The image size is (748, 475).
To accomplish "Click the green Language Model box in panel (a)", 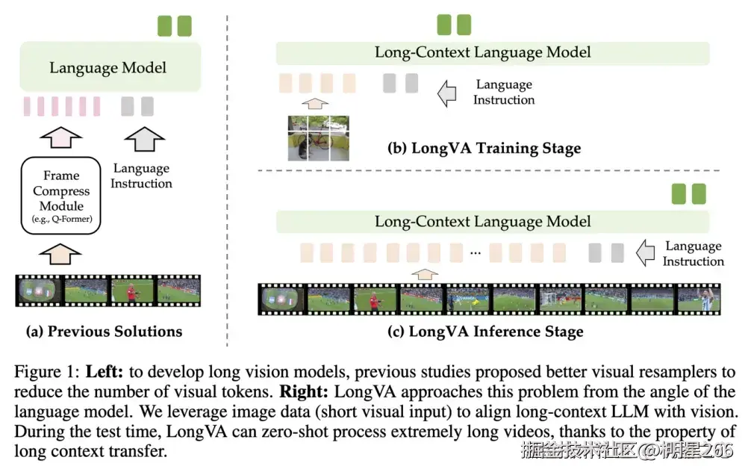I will (108, 67).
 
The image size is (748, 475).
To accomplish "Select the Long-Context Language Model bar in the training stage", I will (482, 52).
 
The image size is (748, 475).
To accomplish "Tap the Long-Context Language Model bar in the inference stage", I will (482, 222).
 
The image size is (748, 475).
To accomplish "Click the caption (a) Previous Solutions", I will (104, 331).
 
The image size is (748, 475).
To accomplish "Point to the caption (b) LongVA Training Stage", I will (484, 148).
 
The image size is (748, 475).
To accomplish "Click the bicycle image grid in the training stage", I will (319, 137).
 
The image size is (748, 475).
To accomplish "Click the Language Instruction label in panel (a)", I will (141, 176).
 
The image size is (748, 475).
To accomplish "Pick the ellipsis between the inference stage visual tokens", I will (475, 254).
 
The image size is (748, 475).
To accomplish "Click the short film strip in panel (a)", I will (108, 291).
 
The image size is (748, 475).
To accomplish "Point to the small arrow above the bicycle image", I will (318, 104).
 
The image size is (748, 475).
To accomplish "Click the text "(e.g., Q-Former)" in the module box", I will (61, 220).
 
